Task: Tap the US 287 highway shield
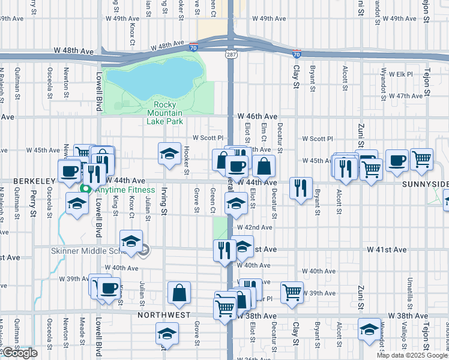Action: [231, 55]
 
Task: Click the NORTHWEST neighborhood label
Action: [164, 314]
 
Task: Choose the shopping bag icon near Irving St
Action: [179, 293]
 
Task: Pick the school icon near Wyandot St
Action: [369, 329]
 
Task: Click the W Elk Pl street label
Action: [401, 74]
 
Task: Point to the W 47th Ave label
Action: [406, 95]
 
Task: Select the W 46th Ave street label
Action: [257, 116]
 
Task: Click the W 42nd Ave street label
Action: [255, 227]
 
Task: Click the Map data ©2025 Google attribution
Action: [412, 355]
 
